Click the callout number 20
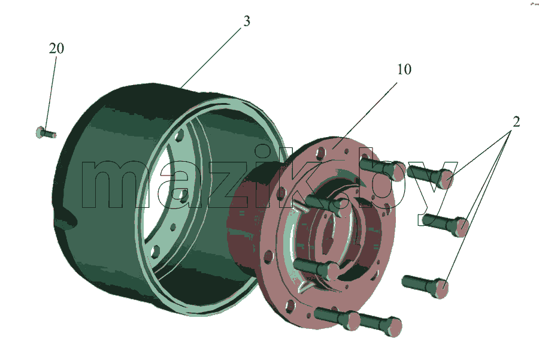pos(56,49)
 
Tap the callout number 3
pos(247,22)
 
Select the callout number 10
pos(404,69)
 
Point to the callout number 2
pos(516,122)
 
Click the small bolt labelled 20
pos(46,133)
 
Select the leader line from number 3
pos(211,58)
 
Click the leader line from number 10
pos(365,115)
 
